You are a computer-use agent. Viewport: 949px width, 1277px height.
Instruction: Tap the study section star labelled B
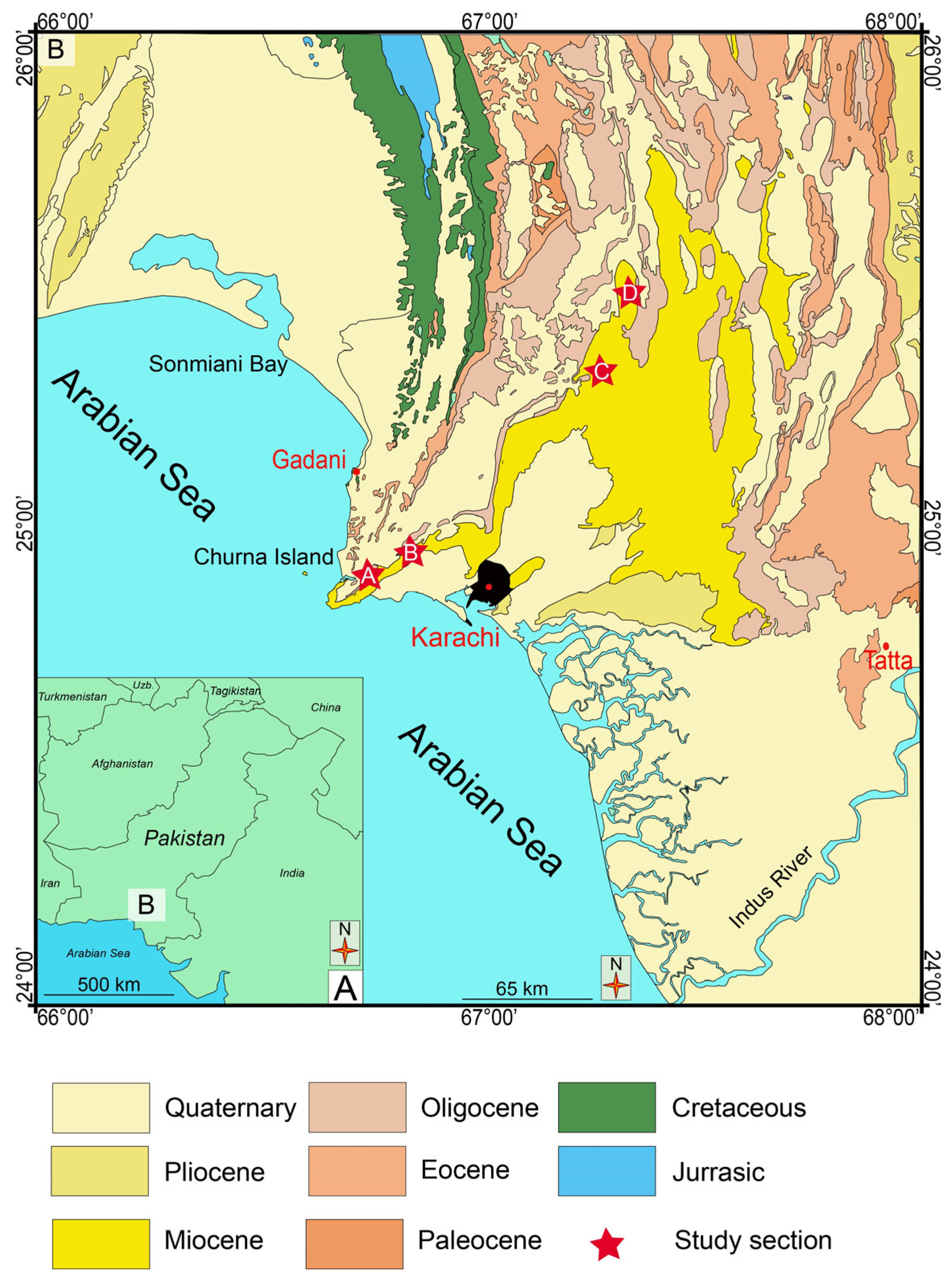(x=410, y=553)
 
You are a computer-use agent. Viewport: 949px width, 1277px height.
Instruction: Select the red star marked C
(x=600, y=372)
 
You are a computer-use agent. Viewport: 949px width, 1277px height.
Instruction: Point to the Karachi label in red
(x=455, y=637)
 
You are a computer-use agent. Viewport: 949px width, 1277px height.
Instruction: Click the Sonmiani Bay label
(x=218, y=364)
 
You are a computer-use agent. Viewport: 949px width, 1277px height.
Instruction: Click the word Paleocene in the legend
(x=479, y=1240)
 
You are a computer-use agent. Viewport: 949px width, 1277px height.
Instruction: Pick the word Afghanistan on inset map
(x=122, y=764)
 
